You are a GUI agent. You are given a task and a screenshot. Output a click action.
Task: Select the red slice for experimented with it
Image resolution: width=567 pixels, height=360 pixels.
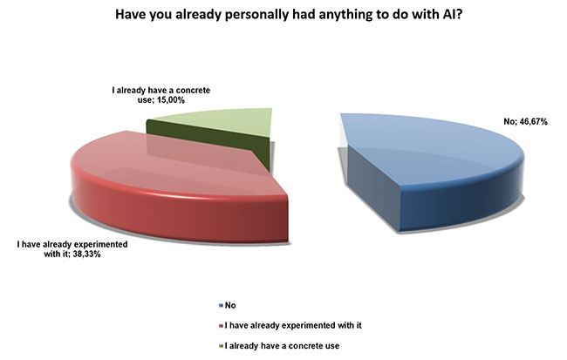[174, 188]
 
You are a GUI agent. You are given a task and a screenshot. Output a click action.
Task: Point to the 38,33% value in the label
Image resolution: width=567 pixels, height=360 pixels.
[86, 255]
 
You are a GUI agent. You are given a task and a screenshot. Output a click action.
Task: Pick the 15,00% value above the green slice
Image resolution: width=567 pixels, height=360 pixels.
[171, 100]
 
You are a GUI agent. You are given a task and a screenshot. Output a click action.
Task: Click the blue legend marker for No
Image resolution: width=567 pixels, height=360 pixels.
[221, 305]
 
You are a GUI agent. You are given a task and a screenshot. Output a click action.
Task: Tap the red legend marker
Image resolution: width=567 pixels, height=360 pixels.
[221, 326]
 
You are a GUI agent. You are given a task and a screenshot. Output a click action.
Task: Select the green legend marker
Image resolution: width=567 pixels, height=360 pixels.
[221, 346]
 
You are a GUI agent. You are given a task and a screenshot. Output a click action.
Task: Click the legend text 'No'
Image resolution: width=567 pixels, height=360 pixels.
[230, 305]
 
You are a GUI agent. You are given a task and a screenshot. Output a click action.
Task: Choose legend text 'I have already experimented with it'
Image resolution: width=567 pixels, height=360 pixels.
[293, 326]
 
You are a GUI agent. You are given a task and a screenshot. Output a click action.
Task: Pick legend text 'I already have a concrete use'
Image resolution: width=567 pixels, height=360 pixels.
[282, 346]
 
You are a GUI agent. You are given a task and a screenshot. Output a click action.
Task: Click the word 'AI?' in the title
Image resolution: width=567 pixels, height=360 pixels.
[451, 15]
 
